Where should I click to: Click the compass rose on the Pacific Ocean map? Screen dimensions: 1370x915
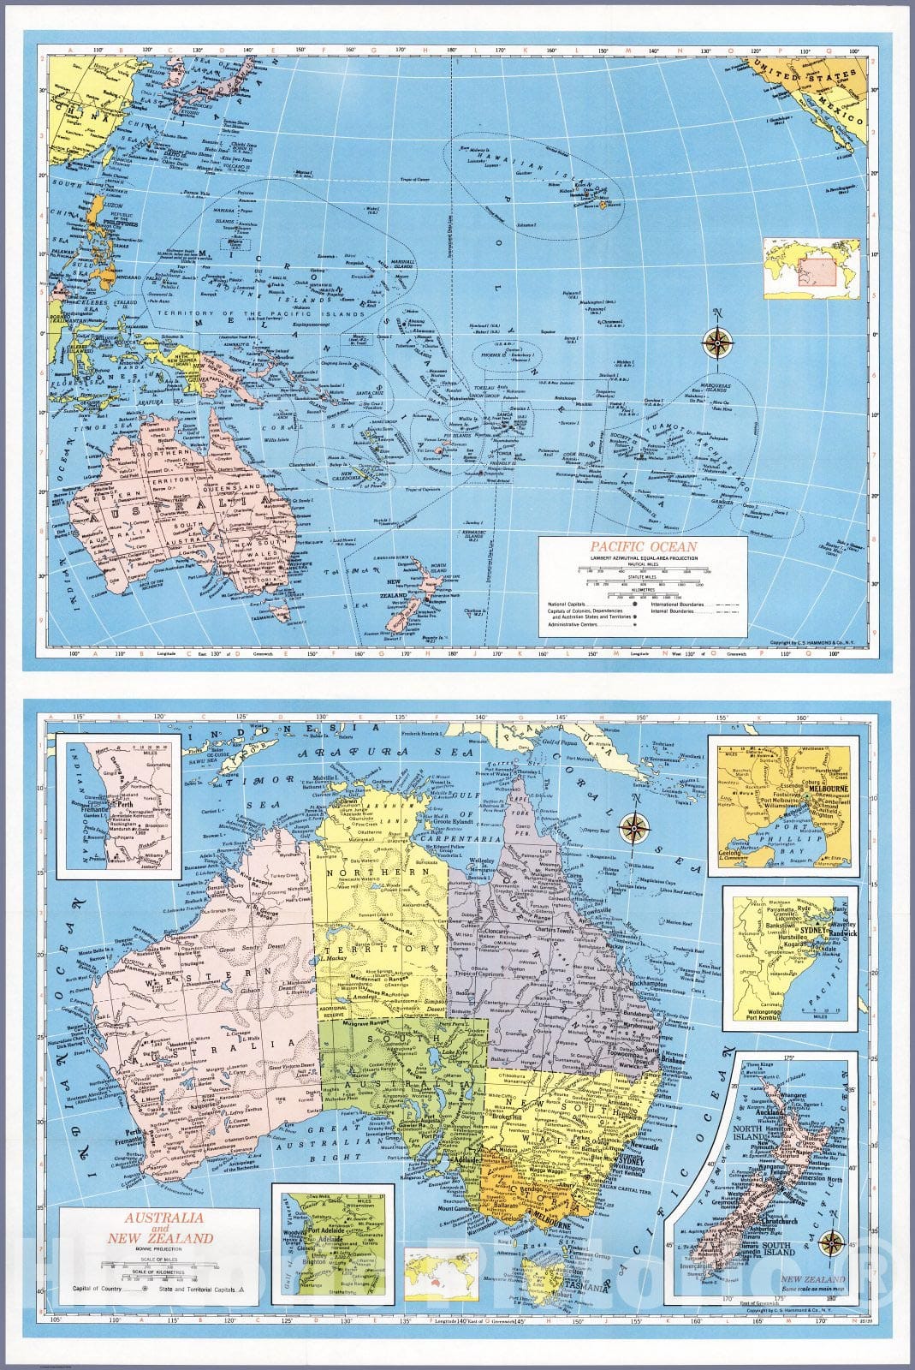coord(717,342)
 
